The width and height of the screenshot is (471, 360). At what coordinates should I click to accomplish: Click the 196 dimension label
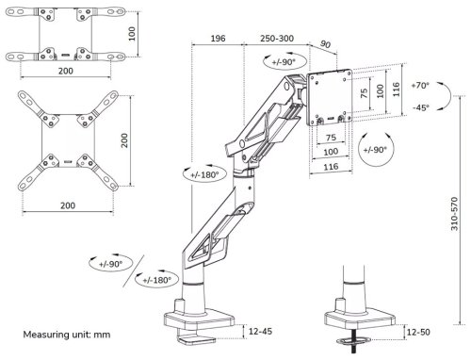click(218, 39)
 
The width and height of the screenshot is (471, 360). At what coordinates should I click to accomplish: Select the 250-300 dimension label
click(277, 39)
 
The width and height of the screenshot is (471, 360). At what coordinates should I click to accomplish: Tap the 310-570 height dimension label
click(454, 214)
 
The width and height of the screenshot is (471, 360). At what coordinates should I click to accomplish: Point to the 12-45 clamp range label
click(260, 331)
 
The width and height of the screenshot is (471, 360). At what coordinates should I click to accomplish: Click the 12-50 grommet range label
click(418, 332)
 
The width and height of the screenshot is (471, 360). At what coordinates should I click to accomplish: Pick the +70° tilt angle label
click(420, 85)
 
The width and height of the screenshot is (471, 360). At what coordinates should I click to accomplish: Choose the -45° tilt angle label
click(421, 107)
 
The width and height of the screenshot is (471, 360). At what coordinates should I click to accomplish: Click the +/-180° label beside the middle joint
click(204, 174)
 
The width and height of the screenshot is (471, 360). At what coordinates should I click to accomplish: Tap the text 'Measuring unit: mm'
click(67, 335)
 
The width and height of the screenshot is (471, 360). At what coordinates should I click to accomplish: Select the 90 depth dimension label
click(325, 44)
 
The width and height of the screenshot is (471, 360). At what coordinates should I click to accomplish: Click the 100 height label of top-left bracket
click(132, 34)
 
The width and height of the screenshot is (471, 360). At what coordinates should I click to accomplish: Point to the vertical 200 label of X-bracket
click(124, 140)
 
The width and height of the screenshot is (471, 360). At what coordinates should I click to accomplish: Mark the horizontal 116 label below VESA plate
click(331, 167)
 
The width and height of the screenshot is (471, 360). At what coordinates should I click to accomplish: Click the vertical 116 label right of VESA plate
click(397, 90)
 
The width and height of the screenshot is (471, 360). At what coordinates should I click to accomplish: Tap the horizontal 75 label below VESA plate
click(331, 138)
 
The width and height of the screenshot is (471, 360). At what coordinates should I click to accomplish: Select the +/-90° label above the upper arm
click(284, 62)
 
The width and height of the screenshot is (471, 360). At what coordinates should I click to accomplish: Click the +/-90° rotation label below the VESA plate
click(375, 150)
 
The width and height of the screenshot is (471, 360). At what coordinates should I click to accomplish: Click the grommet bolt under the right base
click(353, 342)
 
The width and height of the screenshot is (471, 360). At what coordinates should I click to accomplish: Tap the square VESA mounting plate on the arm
click(330, 97)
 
